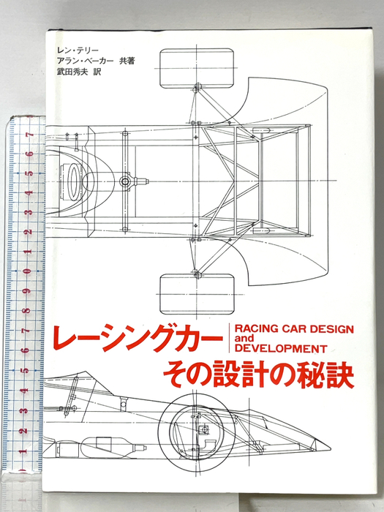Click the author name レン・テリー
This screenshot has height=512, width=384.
click(x=78, y=50)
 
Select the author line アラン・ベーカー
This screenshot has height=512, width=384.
click(x=85, y=61)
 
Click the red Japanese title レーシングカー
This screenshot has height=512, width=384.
click(x=138, y=338)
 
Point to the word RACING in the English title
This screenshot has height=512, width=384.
click(x=256, y=328)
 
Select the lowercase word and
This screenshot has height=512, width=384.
click(x=244, y=338)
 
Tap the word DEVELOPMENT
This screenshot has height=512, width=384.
click(x=281, y=348)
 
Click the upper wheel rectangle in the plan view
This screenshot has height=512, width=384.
click(x=197, y=69)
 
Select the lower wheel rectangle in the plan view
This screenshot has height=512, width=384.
click(x=197, y=294)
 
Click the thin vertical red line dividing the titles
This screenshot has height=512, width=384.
click(x=229, y=338)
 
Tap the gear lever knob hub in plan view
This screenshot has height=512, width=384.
click(x=125, y=181)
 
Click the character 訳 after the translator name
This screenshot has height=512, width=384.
click(x=97, y=72)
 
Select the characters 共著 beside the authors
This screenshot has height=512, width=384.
click(x=127, y=61)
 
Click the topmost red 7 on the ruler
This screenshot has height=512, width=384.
click(x=31, y=135)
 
